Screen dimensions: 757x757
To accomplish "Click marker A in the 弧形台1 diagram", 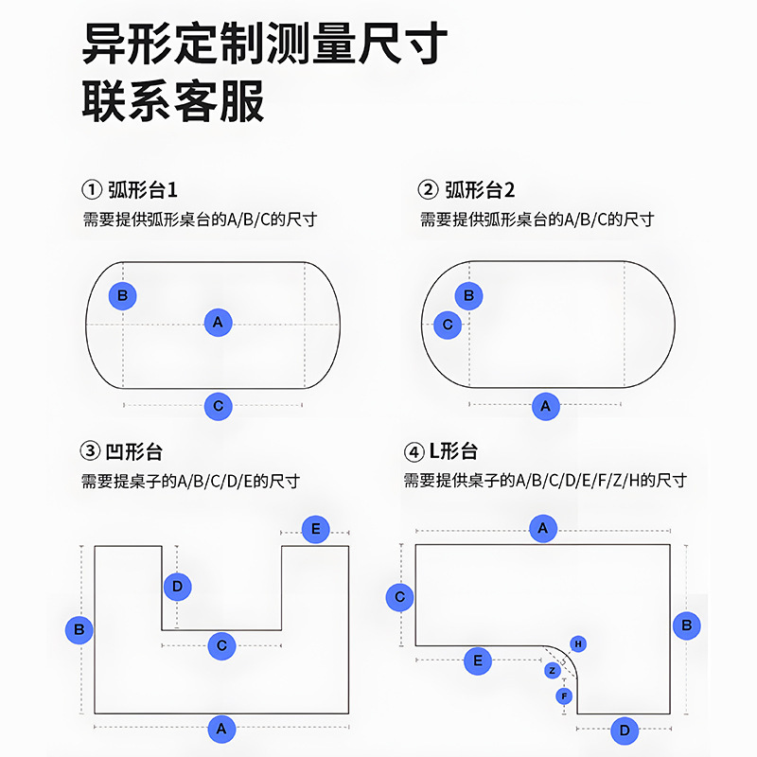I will pos(219,322).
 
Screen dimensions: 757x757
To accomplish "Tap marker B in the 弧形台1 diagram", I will pos(122,295).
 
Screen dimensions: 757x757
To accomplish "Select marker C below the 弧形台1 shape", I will pos(219,406).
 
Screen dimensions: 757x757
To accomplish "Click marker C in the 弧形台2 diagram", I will pos(448,325).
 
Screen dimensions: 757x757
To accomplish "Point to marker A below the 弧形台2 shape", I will pos(545,407).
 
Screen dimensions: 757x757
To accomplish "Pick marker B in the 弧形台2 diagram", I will pos(469,295).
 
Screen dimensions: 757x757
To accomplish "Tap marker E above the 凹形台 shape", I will pos(316,529).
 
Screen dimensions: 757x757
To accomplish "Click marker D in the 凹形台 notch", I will pos(177,587).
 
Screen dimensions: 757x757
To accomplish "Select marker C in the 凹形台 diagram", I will pos(221,646).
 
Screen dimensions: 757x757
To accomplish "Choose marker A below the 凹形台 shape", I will pos(221,729).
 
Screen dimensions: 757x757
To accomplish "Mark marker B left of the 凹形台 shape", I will pos(79,628).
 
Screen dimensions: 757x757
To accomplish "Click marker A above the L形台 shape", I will pos(542,528).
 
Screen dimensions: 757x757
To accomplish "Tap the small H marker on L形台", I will pos(577,643).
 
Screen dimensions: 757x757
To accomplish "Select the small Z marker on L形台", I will pos(553,671).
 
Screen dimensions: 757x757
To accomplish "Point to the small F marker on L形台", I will pos(565,696).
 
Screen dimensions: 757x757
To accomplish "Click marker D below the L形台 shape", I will pos(625,731).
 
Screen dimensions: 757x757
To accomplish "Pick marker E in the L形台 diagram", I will pos(478,660).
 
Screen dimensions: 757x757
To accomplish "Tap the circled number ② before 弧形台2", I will pos(429,189).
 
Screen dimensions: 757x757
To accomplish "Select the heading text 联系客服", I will pos(173,102).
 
